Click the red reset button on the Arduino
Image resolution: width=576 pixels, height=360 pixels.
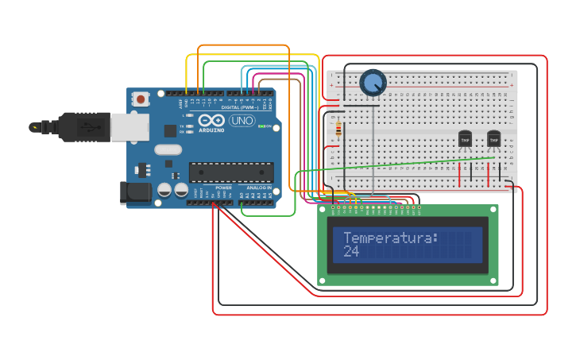141,99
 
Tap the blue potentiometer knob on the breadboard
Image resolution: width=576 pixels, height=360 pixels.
372,83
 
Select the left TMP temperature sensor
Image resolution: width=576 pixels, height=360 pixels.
465,140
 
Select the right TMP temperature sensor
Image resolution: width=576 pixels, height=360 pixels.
493,140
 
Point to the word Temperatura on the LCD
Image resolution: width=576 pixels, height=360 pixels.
390,238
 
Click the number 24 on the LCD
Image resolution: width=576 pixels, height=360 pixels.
351,251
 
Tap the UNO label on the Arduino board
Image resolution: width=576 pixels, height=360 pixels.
242,121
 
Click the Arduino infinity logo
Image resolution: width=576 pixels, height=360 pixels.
212,120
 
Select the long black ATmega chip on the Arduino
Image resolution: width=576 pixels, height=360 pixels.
230,172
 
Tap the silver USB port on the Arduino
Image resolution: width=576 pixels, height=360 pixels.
129,127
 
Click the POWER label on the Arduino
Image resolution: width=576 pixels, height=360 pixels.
223,188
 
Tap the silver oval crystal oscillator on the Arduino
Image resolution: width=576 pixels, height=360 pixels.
168,149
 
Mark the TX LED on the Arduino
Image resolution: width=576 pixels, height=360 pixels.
190,126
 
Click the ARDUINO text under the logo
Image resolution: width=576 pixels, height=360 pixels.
211,130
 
